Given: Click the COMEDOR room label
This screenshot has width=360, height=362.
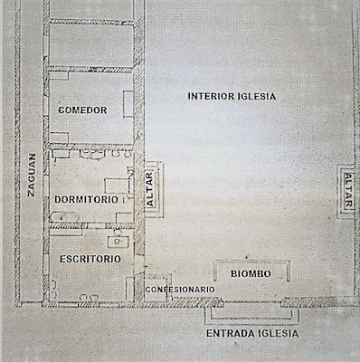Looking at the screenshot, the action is pos(82,110).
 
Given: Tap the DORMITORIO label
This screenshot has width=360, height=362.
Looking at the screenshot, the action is pos(86,199).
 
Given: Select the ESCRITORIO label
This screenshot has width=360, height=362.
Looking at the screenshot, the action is pos(90,259).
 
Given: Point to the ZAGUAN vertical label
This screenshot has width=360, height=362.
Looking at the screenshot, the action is pos(32,175).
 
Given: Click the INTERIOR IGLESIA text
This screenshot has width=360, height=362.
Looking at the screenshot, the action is pos(232,96).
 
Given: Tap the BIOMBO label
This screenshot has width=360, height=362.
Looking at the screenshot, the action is pos(251,273).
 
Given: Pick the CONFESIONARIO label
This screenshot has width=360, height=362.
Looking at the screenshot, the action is pos(180,290).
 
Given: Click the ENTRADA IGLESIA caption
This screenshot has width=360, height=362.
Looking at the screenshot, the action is pos(252,333).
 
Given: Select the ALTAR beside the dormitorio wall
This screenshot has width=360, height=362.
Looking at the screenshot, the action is pos(150,189).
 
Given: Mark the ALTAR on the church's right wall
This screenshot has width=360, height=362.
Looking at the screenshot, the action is pos(348,191).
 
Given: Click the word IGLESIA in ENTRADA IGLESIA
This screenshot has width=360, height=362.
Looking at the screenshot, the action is pos(279,333).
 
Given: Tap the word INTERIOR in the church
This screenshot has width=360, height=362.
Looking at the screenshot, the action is pos(211,96).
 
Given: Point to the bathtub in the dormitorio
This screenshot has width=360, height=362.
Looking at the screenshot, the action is pos(64,217).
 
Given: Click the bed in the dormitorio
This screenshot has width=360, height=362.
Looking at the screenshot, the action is pos(117,186).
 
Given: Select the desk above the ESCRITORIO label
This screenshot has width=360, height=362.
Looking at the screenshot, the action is pos(118,242).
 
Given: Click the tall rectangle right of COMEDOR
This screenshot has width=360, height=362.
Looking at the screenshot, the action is pos(128,104).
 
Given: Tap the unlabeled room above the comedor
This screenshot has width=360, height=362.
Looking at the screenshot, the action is pos(91,45).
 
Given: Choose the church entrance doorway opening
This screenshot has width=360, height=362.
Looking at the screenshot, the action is pos(252,302).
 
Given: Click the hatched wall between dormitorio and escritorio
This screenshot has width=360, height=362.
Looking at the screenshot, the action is pos(91,225).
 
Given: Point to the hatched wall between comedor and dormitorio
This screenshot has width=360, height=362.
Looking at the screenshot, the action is pos(91,147).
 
